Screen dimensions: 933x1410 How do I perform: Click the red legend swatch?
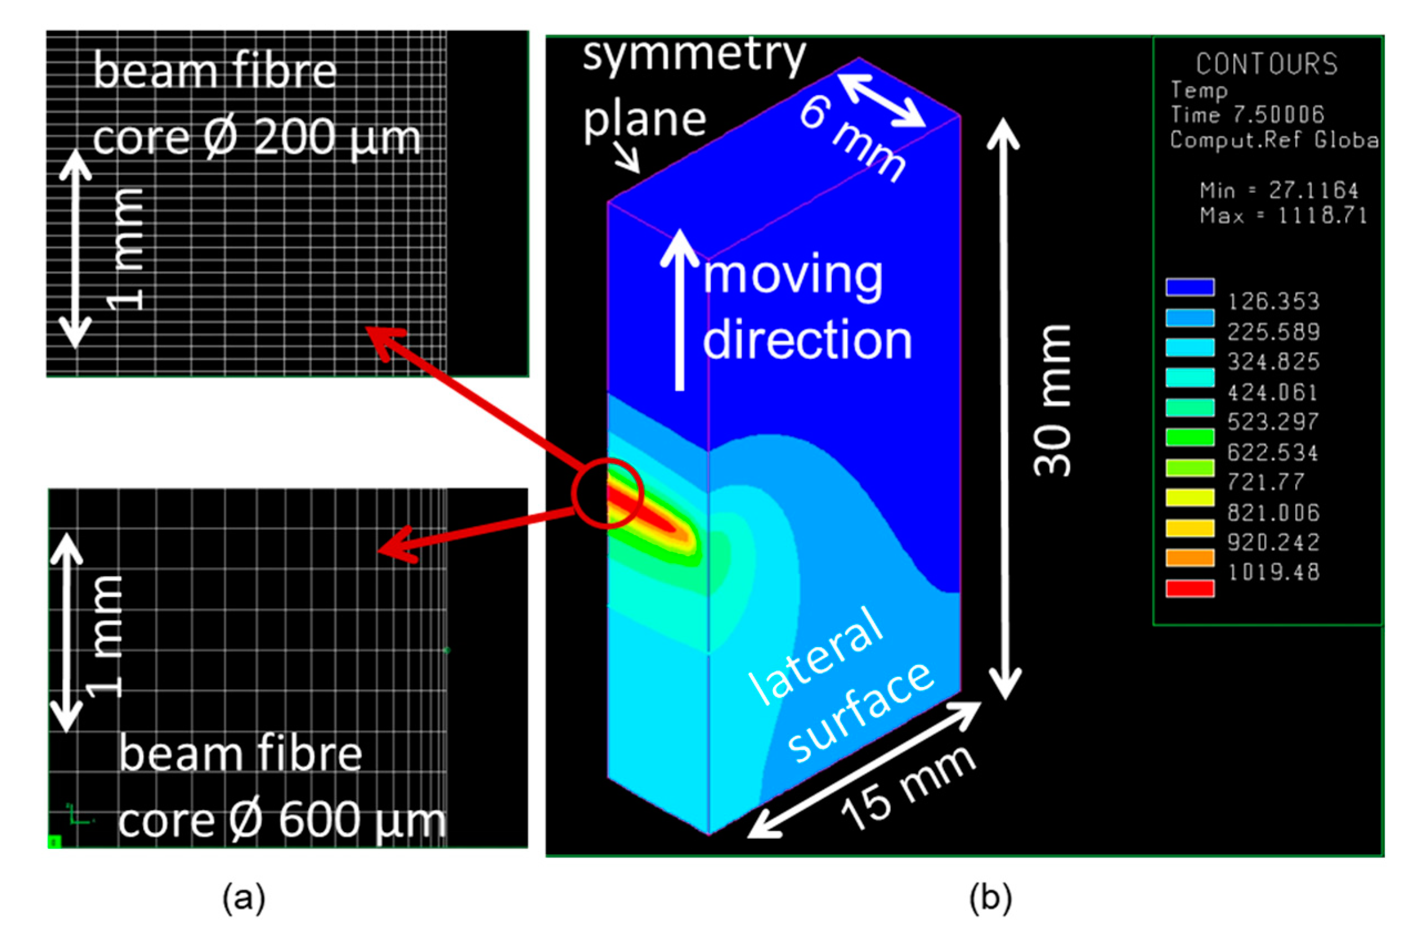pos(1189,588)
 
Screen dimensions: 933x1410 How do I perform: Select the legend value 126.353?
pos(1273,301)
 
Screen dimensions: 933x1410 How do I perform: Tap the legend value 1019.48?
pos(1273,572)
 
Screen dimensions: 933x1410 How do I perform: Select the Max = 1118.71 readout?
pos(1283,216)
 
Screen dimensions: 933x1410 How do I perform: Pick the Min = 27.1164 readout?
pos(1279,191)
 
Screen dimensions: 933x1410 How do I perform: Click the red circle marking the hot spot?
pos(607,493)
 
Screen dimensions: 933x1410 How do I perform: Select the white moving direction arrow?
pos(679,309)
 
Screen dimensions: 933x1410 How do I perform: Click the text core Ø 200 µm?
pos(256,138)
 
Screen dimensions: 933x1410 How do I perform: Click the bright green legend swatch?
pos(1189,437)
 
